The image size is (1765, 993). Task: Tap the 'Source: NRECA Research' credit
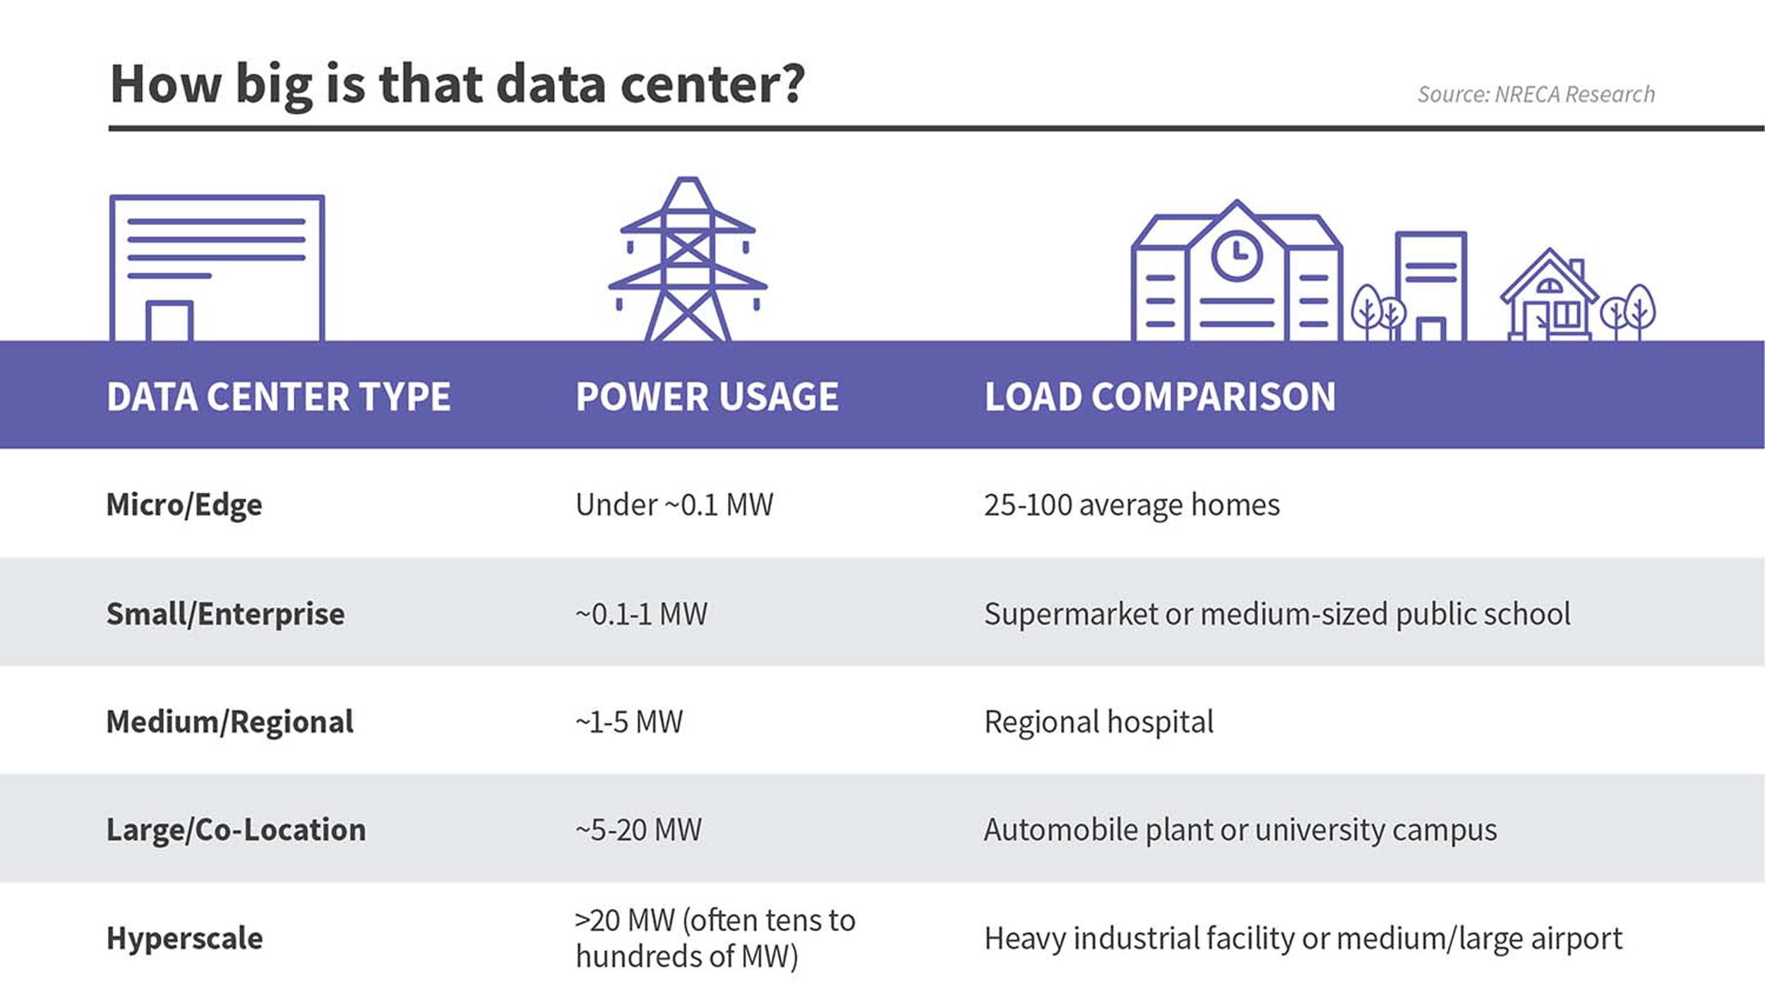point(1536,95)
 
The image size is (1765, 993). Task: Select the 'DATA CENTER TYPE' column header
point(278,396)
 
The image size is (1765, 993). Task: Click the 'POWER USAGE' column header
point(707,396)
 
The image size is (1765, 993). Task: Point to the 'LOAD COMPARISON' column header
point(1160,396)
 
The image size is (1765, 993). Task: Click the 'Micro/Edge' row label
point(184,505)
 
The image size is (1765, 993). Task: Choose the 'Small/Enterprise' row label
point(225,613)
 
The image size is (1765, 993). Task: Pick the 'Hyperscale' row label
point(184,938)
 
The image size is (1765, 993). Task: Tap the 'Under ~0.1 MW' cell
point(674,505)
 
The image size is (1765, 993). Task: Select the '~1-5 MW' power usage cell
point(629,721)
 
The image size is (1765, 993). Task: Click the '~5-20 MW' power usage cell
point(638,829)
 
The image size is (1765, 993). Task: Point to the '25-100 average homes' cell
point(1131,505)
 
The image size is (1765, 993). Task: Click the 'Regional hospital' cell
point(1099,721)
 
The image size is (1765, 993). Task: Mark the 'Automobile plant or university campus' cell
point(1240,829)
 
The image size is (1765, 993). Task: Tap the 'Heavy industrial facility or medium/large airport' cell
point(1303,938)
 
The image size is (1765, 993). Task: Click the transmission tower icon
point(687,261)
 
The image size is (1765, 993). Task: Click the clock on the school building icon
point(1236,255)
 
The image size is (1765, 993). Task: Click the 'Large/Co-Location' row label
point(236,829)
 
